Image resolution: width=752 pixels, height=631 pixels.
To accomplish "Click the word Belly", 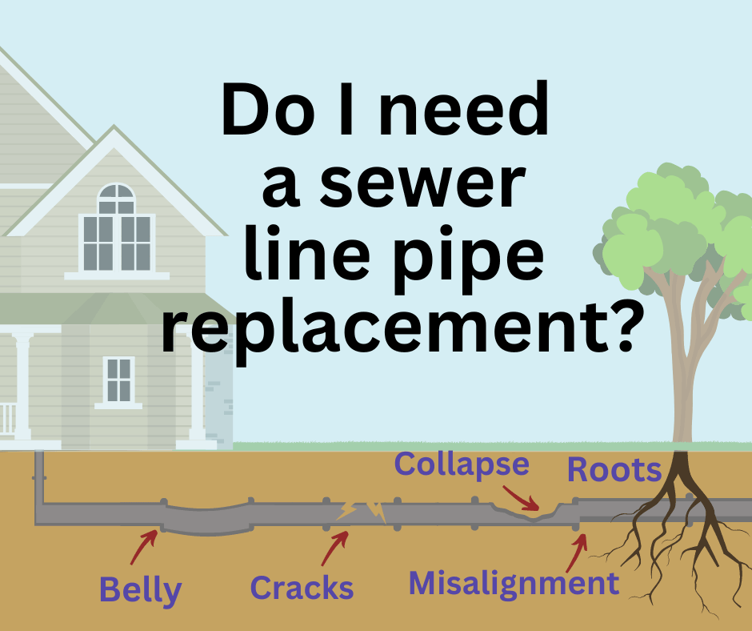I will [140, 590].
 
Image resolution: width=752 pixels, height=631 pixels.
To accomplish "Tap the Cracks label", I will [302, 588].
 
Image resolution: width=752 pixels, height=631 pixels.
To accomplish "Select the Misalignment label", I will [514, 583].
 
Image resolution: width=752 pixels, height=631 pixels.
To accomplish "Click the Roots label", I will [614, 470].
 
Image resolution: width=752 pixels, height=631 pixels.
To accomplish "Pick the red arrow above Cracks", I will [334, 548].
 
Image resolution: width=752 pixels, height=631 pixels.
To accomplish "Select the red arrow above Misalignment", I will [578, 551].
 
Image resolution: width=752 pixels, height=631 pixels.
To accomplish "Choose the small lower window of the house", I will [118, 380].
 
